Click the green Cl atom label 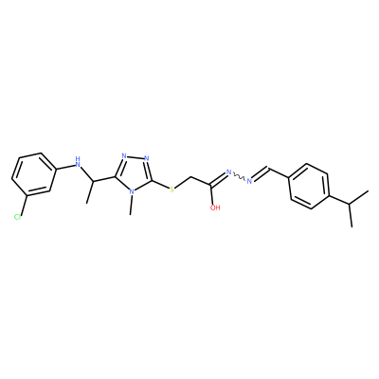click(x=17, y=217)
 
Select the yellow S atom click(x=171, y=189)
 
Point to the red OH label click(x=215, y=208)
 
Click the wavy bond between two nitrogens click(x=240, y=177)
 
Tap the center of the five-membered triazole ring click(x=134, y=172)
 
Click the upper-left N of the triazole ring click(x=124, y=156)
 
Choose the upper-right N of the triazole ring click(x=146, y=158)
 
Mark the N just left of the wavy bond click(x=229, y=172)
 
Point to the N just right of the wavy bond click(x=249, y=181)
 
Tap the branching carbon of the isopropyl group click(x=350, y=204)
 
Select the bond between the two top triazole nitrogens click(x=135, y=157)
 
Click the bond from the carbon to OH click(x=213, y=195)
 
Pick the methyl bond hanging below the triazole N click(x=132, y=205)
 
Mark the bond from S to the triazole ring click(x=160, y=185)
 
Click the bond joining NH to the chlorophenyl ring click(x=64, y=166)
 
